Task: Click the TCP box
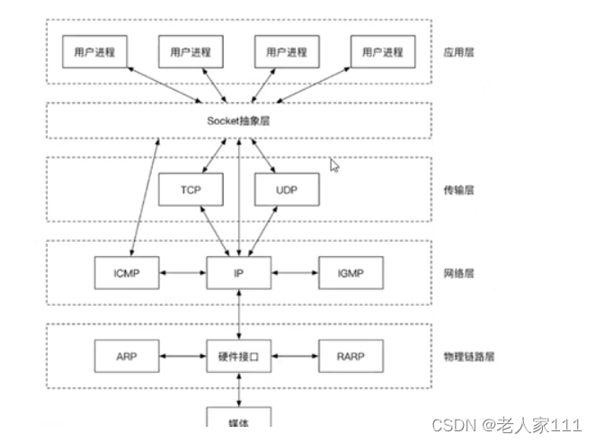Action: [x=190, y=189]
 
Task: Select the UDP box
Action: [x=286, y=189]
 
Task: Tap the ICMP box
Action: [x=126, y=271]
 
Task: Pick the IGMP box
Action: [x=351, y=271]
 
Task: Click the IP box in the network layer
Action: [x=238, y=271]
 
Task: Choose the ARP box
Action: [x=126, y=356]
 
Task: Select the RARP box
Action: [x=351, y=356]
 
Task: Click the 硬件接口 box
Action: [x=238, y=356]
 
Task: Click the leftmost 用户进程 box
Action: [x=93, y=52]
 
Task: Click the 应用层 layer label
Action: [x=458, y=53]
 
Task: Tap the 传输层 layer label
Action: [x=458, y=190]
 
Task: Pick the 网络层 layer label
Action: [x=458, y=271]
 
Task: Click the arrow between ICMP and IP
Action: [x=182, y=271]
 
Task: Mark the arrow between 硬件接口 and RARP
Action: [x=295, y=356]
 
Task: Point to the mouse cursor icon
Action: [x=334, y=165]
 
